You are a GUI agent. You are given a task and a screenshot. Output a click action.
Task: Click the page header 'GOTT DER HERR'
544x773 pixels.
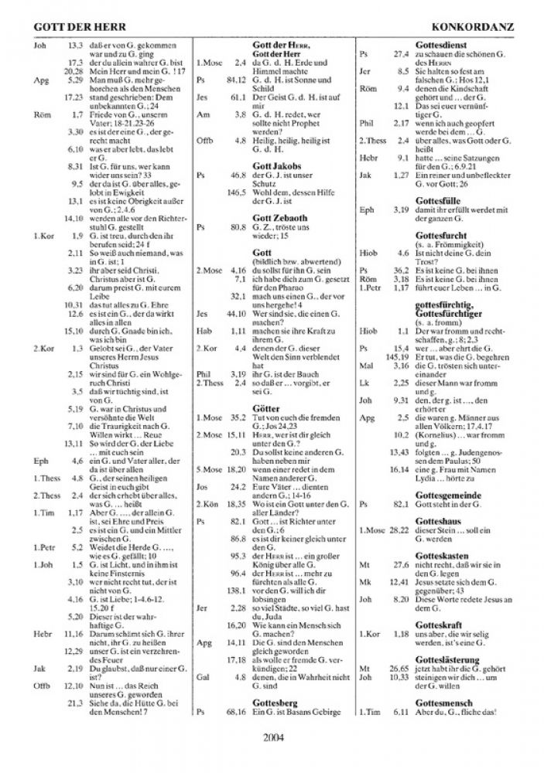69,27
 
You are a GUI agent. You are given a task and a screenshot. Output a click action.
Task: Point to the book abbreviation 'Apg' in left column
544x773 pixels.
41,79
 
